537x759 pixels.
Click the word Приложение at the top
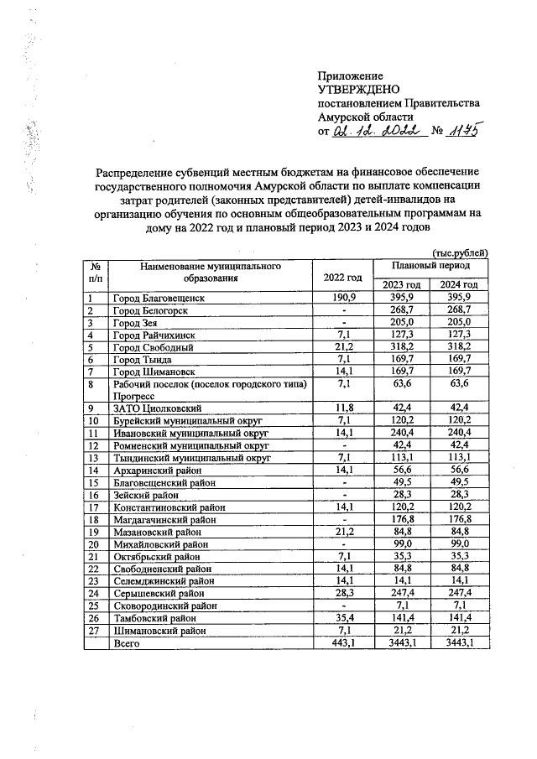point(350,75)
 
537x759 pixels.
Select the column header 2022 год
point(341,277)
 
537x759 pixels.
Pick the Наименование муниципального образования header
point(210,271)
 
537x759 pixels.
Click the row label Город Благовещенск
point(159,298)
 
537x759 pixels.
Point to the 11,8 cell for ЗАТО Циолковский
point(341,408)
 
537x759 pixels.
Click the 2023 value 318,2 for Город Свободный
point(402,346)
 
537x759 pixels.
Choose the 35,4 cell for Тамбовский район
point(341,617)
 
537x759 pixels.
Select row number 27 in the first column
point(95,630)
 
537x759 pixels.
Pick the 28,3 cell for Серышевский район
point(341,593)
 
